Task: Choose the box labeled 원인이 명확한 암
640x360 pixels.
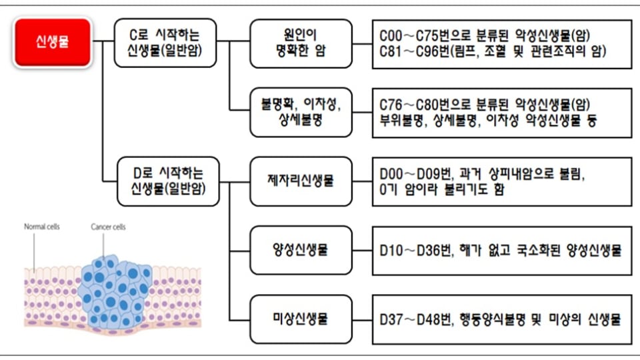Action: point(301,43)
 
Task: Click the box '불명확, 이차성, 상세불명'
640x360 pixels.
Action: point(301,113)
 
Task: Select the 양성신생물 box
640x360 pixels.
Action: point(301,251)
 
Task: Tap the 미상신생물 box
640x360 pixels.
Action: point(301,319)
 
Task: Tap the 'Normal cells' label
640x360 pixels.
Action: point(42,227)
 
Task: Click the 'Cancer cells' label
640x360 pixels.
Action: point(108,227)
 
